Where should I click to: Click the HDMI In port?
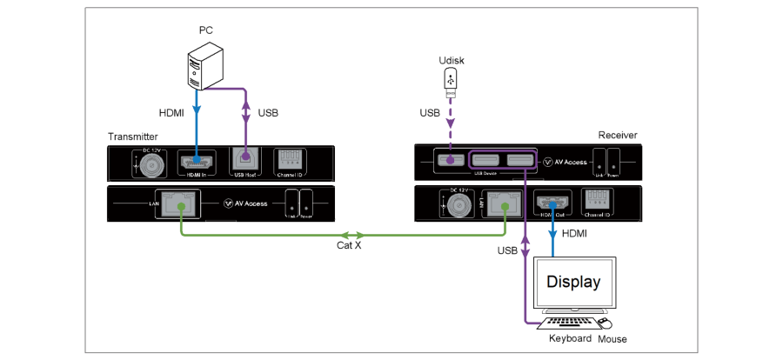point(197,160)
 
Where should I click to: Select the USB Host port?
point(245,160)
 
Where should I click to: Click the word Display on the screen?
point(572,283)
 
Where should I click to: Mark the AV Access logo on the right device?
point(563,162)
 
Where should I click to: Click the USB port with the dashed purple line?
point(450,160)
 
